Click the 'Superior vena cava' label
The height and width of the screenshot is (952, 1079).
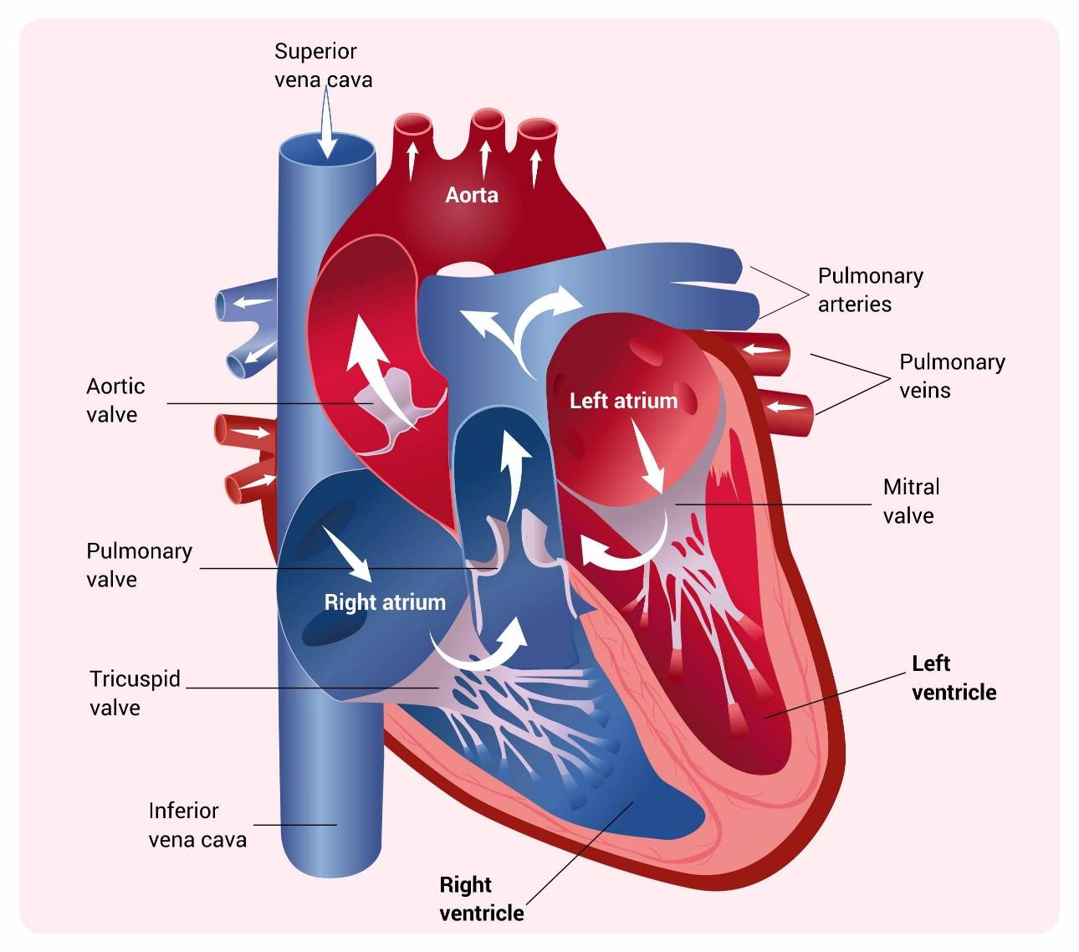click(323, 65)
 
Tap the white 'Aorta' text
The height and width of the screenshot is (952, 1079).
click(471, 196)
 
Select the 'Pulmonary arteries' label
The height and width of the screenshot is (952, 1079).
click(870, 289)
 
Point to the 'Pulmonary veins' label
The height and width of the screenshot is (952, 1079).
click(952, 376)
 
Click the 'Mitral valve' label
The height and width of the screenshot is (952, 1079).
click(911, 501)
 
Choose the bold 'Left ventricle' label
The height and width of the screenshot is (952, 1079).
click(954, 678)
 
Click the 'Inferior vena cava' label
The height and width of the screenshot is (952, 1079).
click(197, 825)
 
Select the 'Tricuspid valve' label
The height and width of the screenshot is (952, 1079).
click(135, 694)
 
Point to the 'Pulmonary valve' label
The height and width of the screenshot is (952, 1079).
click(139, 565)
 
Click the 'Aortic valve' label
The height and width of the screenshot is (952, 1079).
click(115, 400)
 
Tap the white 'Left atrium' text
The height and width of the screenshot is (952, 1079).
click(624, 402)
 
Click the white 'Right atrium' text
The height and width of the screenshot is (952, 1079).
click(385, 602)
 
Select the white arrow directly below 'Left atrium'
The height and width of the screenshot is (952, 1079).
click(647, 454)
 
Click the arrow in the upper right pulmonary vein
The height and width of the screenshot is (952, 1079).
click(761, 350)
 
